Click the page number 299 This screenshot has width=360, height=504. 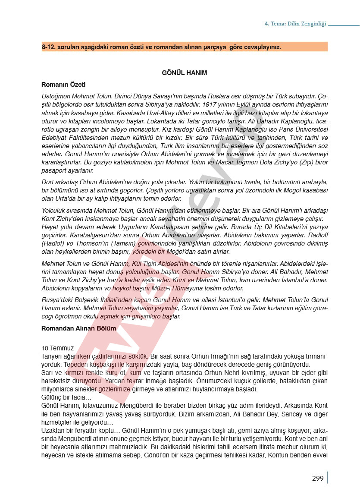point(317,478)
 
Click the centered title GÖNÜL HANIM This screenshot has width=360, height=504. point(184,73)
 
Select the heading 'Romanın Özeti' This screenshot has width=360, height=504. point(63,85)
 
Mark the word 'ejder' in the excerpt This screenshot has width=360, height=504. point(307,373)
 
